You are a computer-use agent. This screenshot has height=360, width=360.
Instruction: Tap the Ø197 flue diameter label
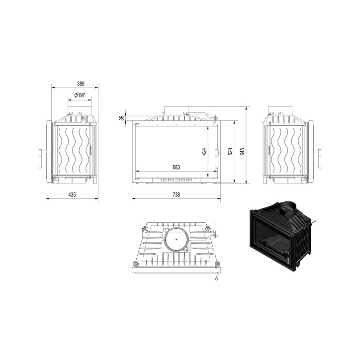tap(80, 95)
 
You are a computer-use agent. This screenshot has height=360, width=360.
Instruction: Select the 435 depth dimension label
tap(72, 195)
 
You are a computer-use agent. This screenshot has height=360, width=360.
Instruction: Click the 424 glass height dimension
tap(204, 152)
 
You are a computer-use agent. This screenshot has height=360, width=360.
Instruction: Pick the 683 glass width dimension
tap(176, 168)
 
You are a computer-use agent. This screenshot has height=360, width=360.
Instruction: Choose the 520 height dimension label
tap(230, 152)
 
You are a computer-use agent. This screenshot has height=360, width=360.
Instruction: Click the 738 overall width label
tap(176, 195)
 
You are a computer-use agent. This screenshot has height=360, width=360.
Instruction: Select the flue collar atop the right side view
tap(281, 109)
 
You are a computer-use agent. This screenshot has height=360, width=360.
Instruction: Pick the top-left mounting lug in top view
tap(144, 229)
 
